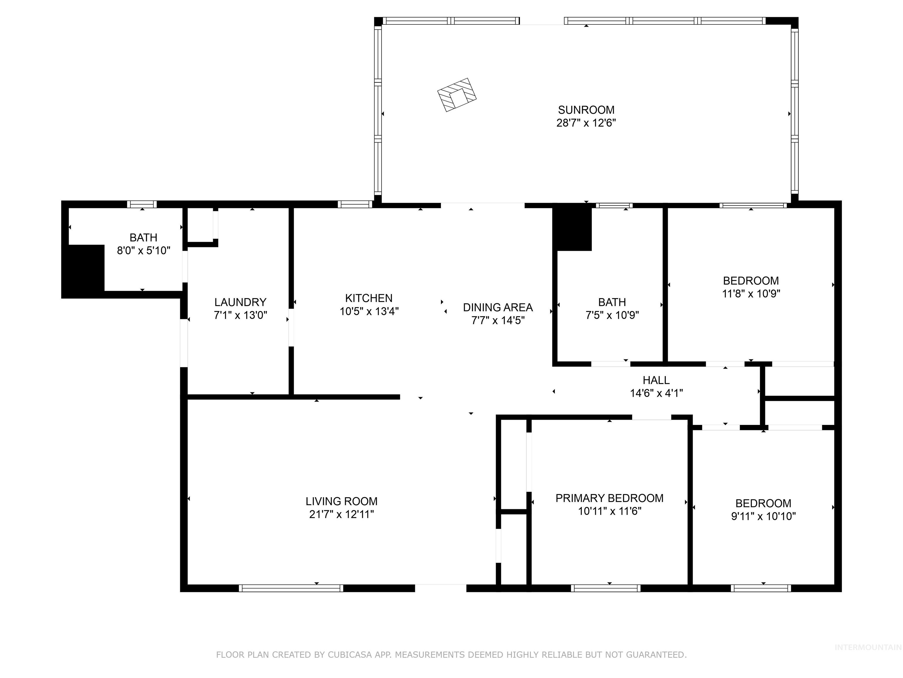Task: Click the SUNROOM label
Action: (x=586, y=110)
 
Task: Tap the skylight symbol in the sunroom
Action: (x=457, y=95)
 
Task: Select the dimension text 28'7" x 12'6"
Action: (x=586, y=123)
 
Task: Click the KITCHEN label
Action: (x=369, y=298)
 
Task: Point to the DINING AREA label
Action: (x=498, y=307)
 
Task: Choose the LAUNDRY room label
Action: (x=240, y=303)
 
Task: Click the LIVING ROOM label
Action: (x=341, y=501)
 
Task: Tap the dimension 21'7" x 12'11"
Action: (x=341, y=514)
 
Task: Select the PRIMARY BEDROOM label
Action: (x=609, y=498)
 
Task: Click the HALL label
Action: (x=656, y=380)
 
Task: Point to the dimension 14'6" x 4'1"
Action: (x=656, y=393)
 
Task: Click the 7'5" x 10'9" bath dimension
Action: (x=612, y=315)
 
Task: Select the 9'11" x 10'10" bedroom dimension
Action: (x=763, y=516)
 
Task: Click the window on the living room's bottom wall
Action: (x=291, y=588)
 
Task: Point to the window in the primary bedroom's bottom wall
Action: (x=606, y=588)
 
